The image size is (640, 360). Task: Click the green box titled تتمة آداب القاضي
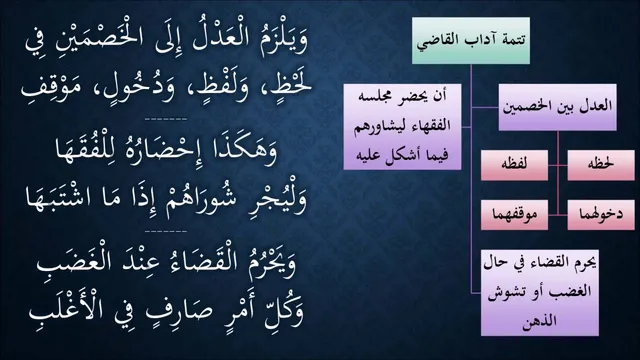click(471, 40)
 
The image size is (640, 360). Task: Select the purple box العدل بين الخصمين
click(557, 107)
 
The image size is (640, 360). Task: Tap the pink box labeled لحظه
click(601, 165)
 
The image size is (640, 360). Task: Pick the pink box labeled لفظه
click(514, 165)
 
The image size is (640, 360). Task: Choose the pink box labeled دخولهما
click(601, 215)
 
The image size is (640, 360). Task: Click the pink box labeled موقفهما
click(514, 215)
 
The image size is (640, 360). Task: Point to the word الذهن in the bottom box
click(540, 320)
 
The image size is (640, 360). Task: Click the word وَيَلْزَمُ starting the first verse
click(279, 40)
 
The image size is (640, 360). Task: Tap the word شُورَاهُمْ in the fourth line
click(201, 199)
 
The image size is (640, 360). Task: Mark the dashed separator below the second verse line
click(166, 119)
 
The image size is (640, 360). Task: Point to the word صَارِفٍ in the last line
click(182, 311)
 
